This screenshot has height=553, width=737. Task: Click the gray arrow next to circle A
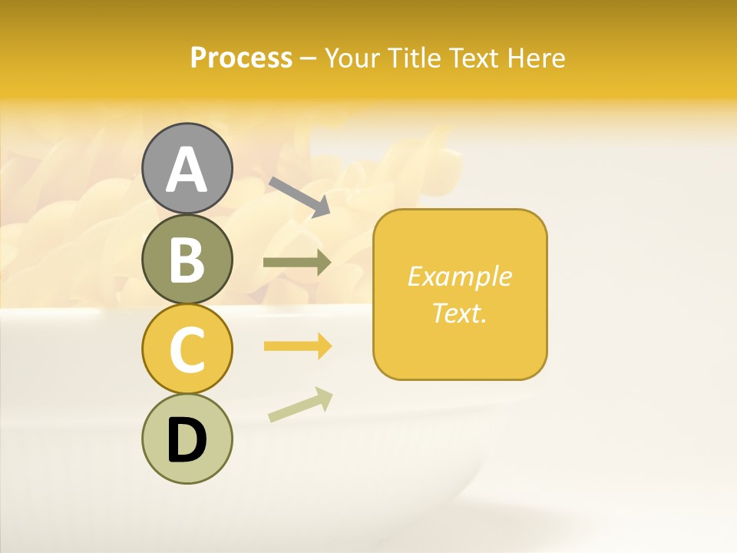(300, 197)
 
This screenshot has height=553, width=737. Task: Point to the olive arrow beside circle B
(297, 263)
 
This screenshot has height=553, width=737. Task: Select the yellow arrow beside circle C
(298, 347)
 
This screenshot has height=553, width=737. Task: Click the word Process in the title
(241, 58)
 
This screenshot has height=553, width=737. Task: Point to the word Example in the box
(460, 276)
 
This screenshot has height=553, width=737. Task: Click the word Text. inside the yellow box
(460, 313)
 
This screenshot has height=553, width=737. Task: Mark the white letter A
(187, 171)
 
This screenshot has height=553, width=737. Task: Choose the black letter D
(187, 440)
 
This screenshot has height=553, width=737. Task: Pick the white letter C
(187, 350)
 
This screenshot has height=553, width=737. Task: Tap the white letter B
(187, 260)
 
